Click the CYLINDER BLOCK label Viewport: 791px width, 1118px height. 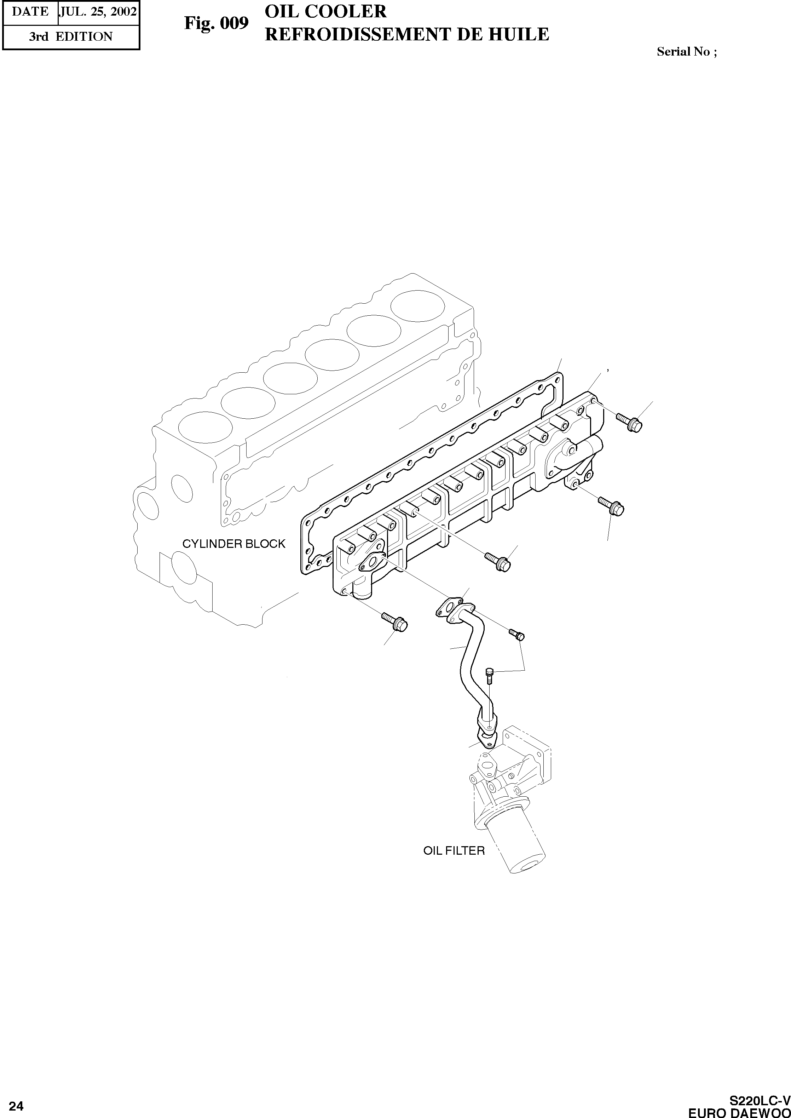click(x=233, y=544)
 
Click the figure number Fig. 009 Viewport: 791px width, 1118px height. click(x=216, y=23)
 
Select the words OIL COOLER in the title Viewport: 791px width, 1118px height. click(x=325, y=11)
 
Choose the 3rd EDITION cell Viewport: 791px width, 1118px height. click(x=71, y=36)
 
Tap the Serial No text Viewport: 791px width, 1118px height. click(x=686, y=52)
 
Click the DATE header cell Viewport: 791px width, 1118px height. click(x=30, y=12)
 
